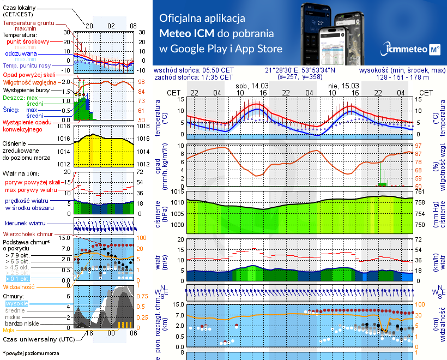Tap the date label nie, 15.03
[x=340, y=86]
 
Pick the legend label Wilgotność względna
[x=30, y=81]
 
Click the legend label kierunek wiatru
[x=25, y=223]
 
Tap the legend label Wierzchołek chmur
[x=27, y=233]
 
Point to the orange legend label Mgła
[x=9, y=330]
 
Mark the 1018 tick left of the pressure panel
[x=65, y=126]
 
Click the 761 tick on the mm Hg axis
[x=420, y=191]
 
